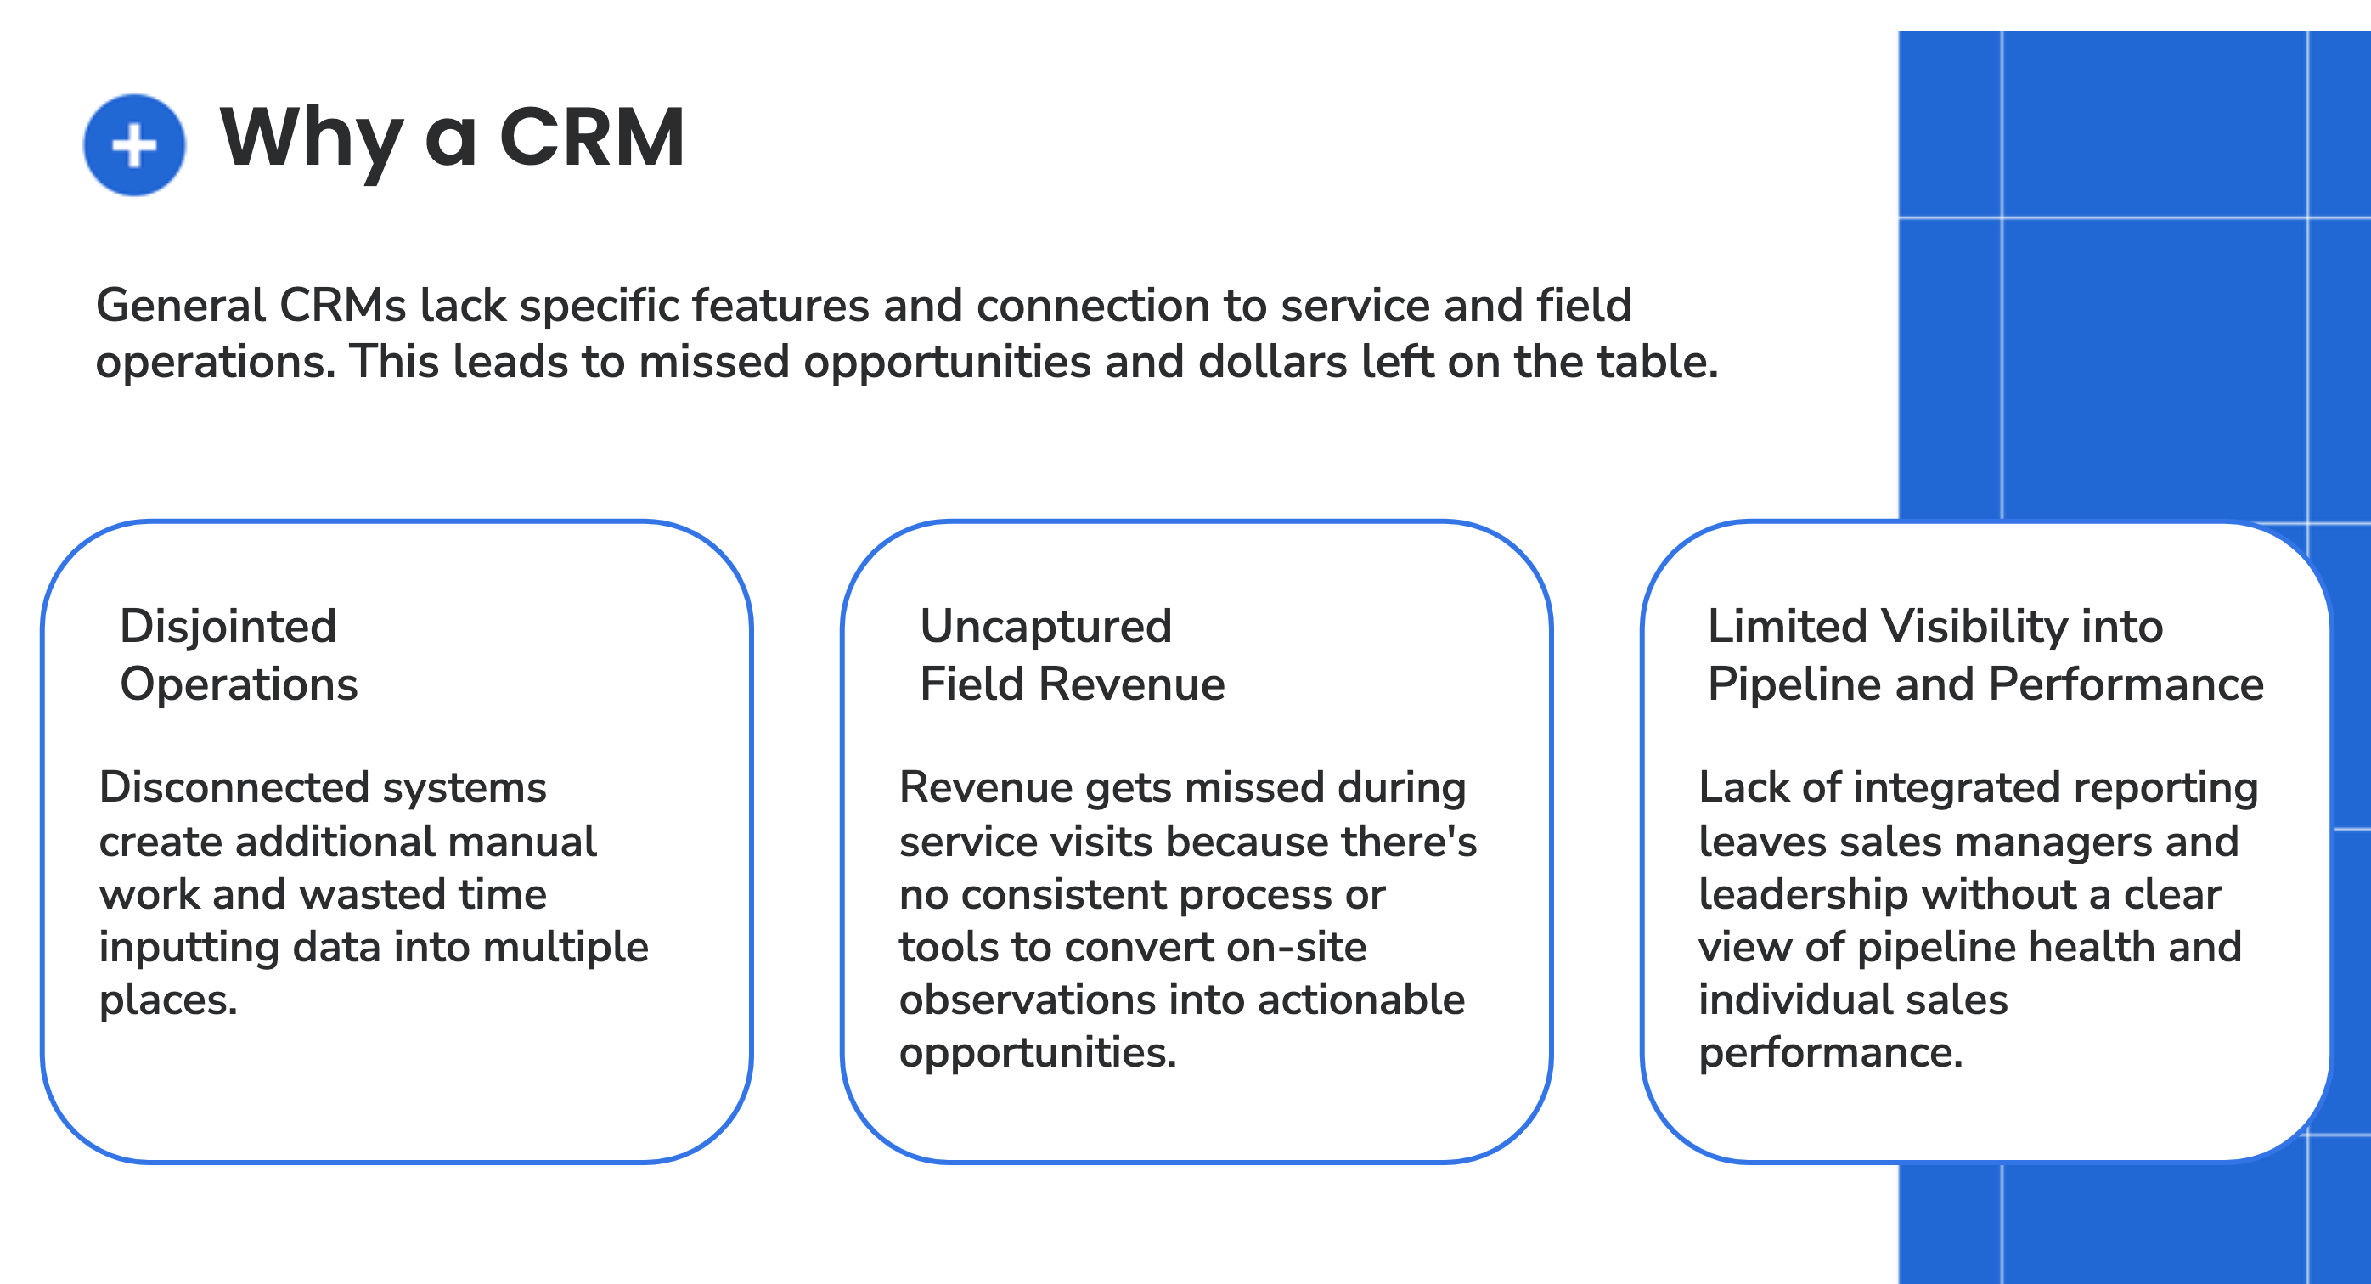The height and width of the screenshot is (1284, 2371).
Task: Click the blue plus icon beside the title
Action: (x=134, y=145)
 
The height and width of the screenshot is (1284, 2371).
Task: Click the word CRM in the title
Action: (x=592, y=138)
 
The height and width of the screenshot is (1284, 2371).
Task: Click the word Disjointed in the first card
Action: (x=228, y=627)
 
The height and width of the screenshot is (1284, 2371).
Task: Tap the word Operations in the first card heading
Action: (x=239, y=684)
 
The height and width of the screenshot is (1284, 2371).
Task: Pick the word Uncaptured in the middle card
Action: (x=1045, y=627)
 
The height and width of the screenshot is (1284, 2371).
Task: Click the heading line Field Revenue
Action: (x=1072, y=684)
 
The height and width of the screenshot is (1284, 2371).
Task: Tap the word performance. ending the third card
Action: (x=1830, y=1053)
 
